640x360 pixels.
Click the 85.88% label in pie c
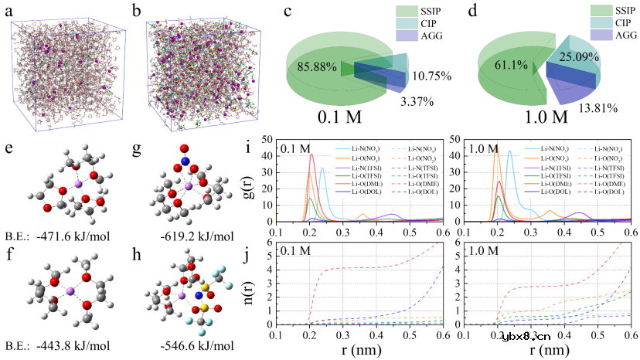click(318, 67)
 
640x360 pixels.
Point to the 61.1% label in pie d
click(506, 67)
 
